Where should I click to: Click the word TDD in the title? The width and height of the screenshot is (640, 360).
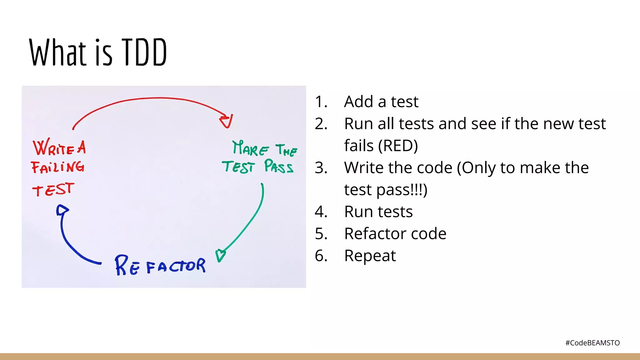point(144,52)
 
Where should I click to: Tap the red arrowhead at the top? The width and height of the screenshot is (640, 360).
point(226,121)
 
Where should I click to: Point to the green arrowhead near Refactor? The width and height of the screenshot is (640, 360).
point(220,255)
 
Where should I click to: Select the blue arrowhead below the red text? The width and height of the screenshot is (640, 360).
point(62,210)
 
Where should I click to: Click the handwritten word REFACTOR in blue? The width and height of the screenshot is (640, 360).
point(160,266)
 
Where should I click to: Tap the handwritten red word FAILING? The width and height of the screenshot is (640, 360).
point(58,167)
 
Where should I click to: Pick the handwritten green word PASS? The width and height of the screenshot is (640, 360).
point(279,166)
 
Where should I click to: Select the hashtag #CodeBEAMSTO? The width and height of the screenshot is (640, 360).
point(592,343)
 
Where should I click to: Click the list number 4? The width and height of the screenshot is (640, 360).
point(321,212)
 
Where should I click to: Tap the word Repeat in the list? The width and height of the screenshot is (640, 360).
point(370,256)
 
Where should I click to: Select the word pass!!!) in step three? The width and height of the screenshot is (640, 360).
point(402,190)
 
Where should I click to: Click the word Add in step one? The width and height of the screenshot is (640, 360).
point(358,102)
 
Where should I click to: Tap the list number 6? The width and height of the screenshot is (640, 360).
point(321,256)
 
